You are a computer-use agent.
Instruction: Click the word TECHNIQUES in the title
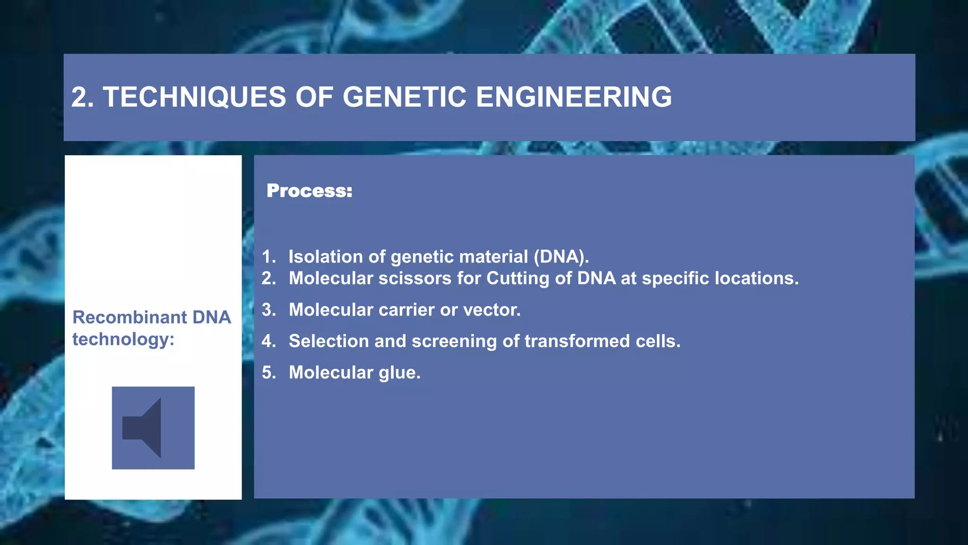(194, 97)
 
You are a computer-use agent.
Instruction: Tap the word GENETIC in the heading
(404, 97)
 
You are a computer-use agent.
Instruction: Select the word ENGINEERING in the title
(573, 97)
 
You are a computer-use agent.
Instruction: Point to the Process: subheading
(309, 191)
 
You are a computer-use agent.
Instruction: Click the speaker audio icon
(153, 428)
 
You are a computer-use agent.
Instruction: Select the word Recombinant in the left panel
(126, 317)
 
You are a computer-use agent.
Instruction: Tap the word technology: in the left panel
(123, 339)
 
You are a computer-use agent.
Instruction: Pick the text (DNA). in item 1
(561, 256)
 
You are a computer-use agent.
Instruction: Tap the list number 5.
(268, 373)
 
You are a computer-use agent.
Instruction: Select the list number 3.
(268, 310)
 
